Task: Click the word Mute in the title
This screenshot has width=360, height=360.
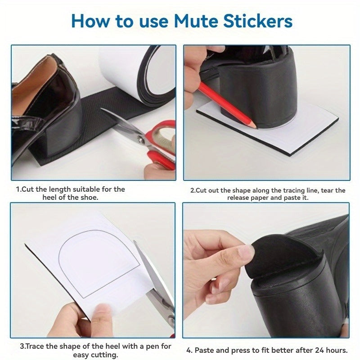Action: [x=189, y=21]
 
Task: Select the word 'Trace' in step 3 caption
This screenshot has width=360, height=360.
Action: [x=36, y=346]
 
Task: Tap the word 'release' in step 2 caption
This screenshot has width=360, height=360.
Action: [x=239, y=198]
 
